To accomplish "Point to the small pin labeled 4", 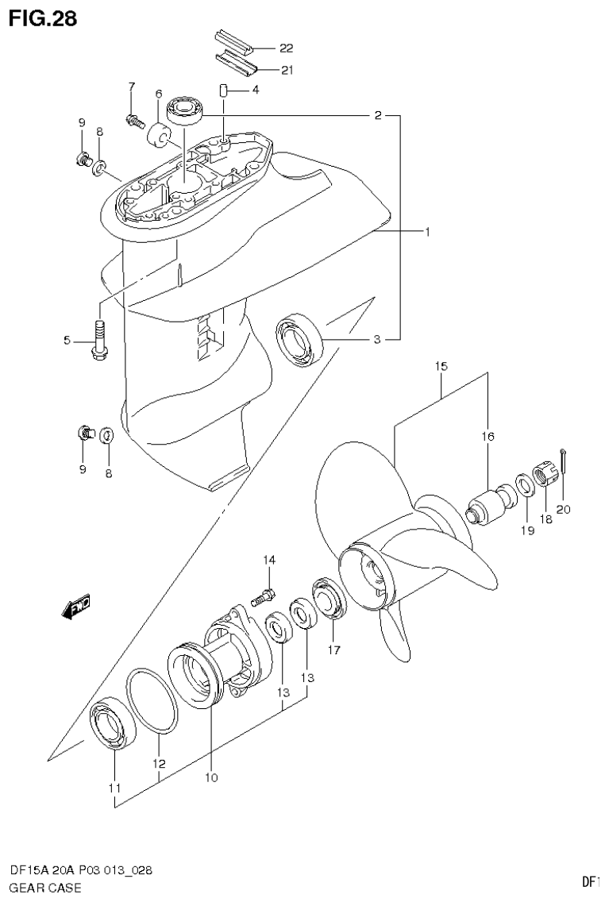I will tap(225, 91).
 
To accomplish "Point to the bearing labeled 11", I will tap(112, 723).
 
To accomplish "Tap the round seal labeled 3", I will tap(300, 340).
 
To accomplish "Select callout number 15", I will tap(441, 367).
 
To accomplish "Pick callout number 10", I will tap(211, 777).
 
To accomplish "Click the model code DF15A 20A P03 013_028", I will tap(81, 870).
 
